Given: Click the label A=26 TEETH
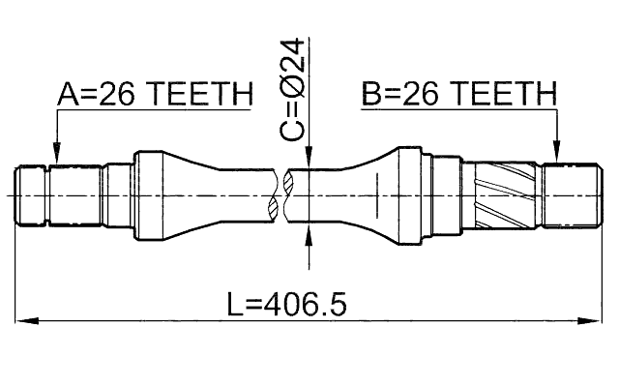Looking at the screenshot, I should pos(155,94).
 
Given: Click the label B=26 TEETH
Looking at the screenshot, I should pos(459,94).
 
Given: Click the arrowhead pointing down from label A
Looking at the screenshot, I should pos(56,152).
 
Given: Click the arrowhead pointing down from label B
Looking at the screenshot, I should pos(557,152).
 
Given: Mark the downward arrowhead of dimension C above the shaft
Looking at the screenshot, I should pos(309,159).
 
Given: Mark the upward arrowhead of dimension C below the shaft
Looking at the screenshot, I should pos(309,232).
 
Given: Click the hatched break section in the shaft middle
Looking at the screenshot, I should pos(282,195).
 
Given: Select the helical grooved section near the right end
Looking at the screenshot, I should pos(502,195).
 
